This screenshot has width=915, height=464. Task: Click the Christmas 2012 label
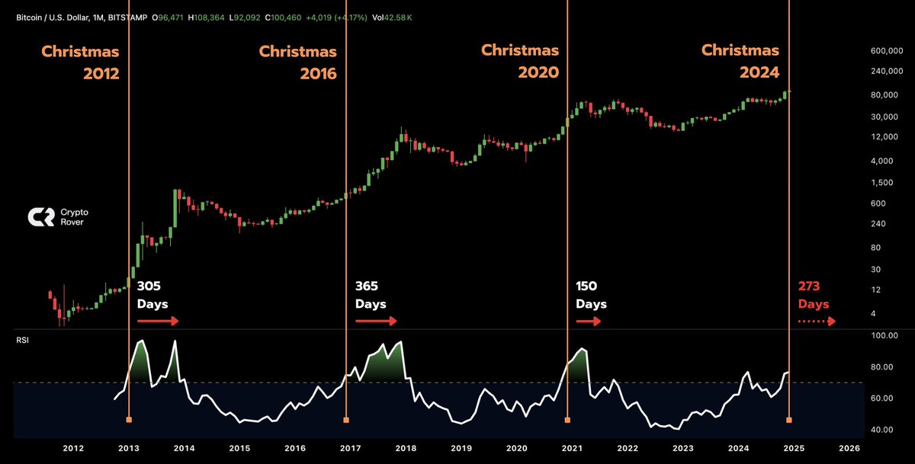[80, 62]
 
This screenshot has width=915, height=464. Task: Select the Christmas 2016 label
[297, 62]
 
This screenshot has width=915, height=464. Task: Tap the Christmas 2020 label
[520, 62]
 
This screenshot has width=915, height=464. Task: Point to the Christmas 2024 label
[740, 62]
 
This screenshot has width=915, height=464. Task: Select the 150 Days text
[591, 295]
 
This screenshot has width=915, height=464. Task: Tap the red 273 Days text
[814, 295]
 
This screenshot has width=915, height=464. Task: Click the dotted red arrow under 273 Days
[817, 322]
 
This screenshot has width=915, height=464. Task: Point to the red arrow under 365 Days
[376, 322]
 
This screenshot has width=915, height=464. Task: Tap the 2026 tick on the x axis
[848, 449]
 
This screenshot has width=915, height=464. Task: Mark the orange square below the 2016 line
[346, 420]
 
